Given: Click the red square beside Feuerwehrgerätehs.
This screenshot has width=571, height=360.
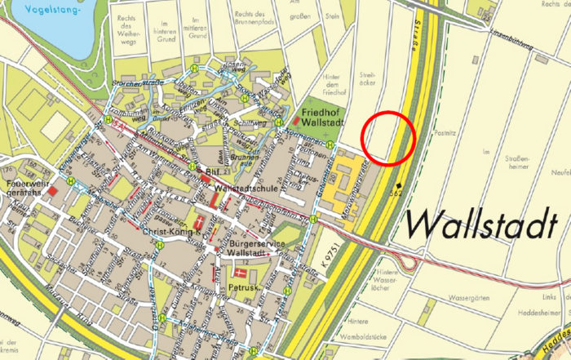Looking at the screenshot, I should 53,191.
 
